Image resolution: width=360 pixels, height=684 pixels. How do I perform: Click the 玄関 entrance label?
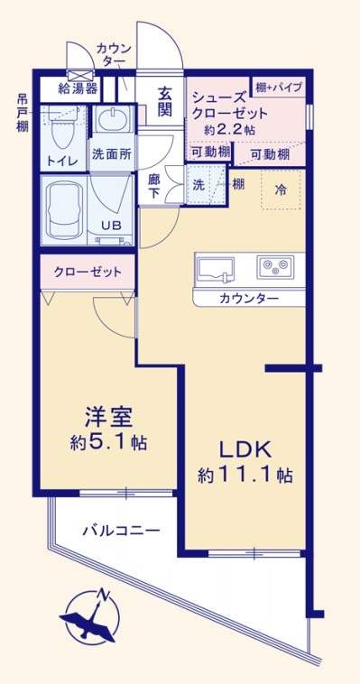pyautogui.click(x=165, y=101)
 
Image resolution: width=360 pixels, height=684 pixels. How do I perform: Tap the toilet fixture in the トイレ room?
pyautogui.click(x=62, y=131)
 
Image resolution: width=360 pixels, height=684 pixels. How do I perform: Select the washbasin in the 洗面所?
pyautogui.click(x=113, y=120)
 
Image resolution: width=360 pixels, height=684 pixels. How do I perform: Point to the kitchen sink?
pyautogui.click(x=216, y=267)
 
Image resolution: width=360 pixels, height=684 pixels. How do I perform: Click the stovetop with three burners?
pyautogui.click(x=275, y=267)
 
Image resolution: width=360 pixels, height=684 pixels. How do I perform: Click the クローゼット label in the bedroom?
pyautogui.click(x=82, y=271)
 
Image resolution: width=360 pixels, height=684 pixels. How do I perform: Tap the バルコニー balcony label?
pyautogui.click(x=122, y=531)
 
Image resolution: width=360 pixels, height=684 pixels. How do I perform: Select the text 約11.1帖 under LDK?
pyautogui.click(x=245, y=474)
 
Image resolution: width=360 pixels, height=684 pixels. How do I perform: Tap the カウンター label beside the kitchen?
pyautogui.click(x=248, y=299)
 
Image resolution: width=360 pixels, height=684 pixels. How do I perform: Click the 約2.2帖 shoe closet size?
pyautogui.click(x=228, y=131)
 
